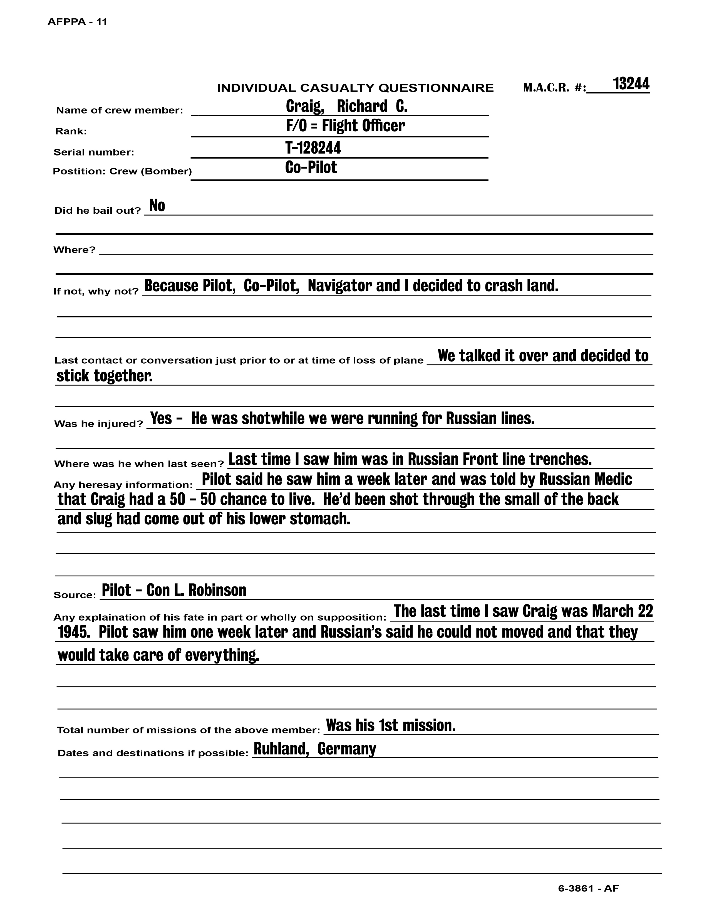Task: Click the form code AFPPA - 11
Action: [x=77, y=22]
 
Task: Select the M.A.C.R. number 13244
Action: [x=631, y=84]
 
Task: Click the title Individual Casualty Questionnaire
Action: [x=355, y=88]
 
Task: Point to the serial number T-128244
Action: [x=313, y=147]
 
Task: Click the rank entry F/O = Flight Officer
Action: [x=345, y=126]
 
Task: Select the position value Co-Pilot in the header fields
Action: [x=311, y=167]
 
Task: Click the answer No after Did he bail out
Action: [x=157, y=206]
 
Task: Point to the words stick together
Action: [x=104, y=376]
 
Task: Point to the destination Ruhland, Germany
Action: [x=314, y=749]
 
